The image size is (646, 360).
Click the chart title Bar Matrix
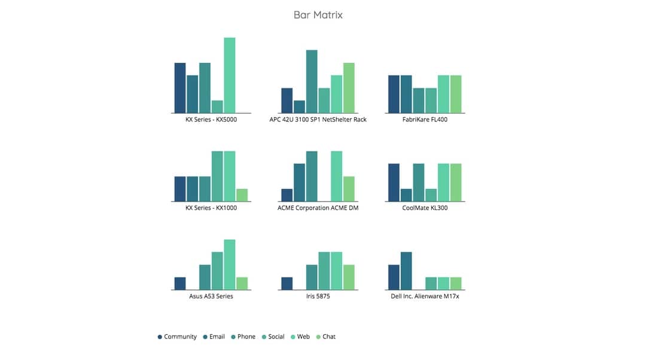[x=318, y=15]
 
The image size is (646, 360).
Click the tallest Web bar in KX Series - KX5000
[x=230, y=75]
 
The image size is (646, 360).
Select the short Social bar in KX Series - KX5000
[x=217, y=106]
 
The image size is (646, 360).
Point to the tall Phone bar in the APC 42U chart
[x=312, y=81]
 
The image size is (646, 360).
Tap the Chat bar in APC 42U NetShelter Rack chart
[x=349, y=88]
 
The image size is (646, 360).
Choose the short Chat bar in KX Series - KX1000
[x=242, y=195]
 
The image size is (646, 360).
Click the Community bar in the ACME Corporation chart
[x=287, y=195]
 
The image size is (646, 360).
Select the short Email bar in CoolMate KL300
[x=406, y=195]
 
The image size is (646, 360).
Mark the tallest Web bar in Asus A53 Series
[x=230, y=264]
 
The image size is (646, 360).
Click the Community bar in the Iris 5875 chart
[x=287, y=283]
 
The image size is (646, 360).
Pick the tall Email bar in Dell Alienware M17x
[x=406, y=271]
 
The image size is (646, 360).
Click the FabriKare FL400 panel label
[x=425, y=120]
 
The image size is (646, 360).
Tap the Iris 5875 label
[x=318, y=297]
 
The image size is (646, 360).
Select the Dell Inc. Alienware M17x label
[x=425, y=297]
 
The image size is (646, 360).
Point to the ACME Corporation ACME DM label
[x=318, y=208]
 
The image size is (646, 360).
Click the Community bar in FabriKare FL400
[x=394, y=94]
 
